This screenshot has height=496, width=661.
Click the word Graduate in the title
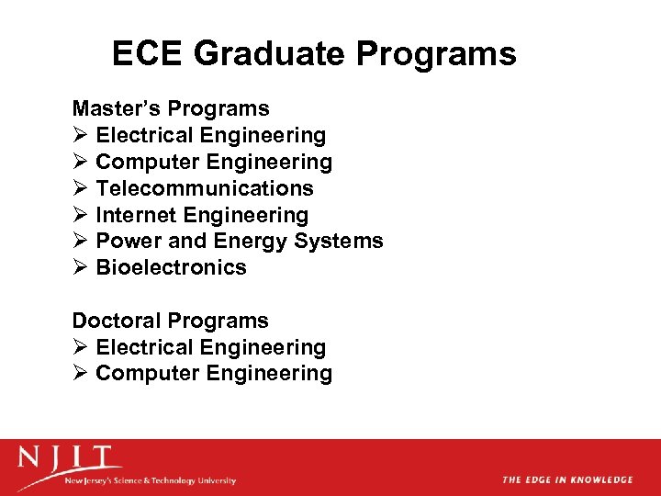(272, 54)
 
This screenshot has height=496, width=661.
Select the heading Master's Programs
(171, 108)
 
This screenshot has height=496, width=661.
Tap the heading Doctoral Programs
(171, 321)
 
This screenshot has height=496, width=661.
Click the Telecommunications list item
(205, 188)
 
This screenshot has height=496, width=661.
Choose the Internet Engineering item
(202, 215)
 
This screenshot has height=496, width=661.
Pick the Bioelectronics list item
(171, 267)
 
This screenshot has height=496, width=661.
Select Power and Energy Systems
(240, 241)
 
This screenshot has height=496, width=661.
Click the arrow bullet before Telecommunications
(80, 188)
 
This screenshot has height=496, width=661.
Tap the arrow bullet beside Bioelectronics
(80, 267)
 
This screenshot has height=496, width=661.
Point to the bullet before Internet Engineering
(80, 215)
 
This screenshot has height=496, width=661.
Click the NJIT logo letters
(70, 457)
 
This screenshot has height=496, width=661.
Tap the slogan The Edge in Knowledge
(567, 479)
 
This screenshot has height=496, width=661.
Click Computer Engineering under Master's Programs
(214, 162)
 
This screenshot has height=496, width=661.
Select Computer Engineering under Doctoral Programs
(214, 373)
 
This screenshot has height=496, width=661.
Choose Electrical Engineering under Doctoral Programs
(210, 347)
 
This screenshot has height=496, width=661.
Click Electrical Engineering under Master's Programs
(210, 135)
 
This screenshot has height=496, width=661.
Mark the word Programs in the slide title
(436, 54)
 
